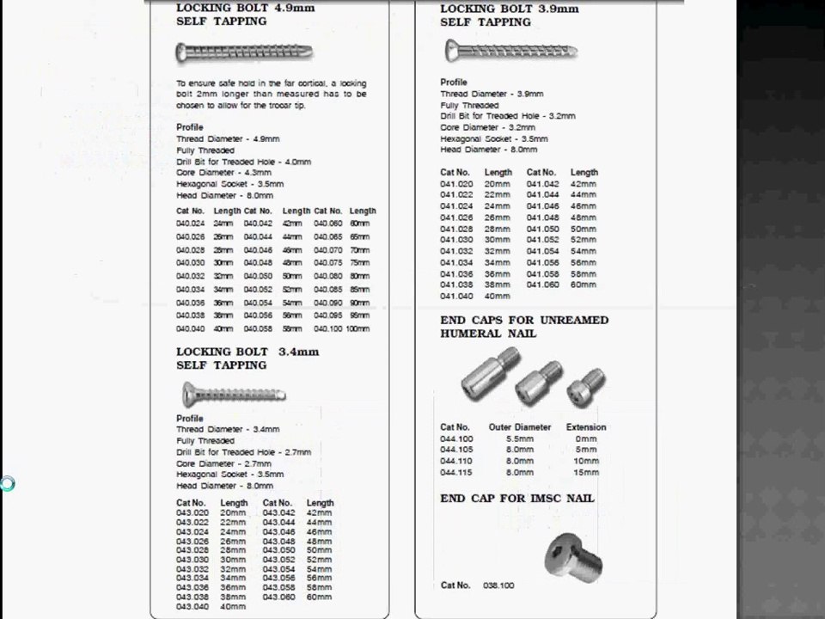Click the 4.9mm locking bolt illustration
point(245,53)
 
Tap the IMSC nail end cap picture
point(573,554)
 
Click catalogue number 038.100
point(498,585)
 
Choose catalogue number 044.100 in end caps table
point(455,438)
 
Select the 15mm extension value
point(586,472)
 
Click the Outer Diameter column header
point(520,427)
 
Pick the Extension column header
point(586,427)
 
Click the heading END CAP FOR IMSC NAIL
point(517,499)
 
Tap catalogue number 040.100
point(328,328)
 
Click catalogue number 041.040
point(456,296)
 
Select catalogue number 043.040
point(192,607)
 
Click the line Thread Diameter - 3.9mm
point(492,94)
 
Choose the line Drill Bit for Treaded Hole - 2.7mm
point(243,452)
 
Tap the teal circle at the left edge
point(7,484)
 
